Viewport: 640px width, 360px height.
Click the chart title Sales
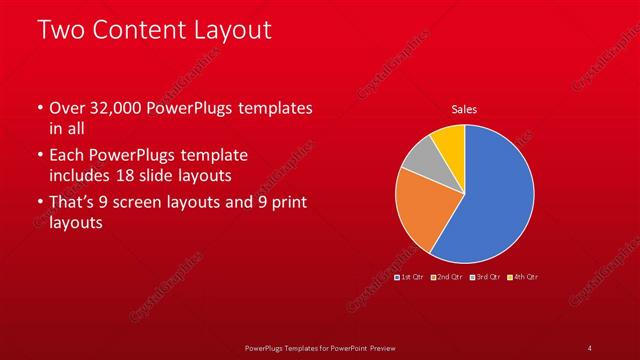pos(464,109)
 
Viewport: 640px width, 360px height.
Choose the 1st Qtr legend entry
pos(411,276)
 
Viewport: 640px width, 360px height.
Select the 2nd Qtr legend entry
pos(446,276)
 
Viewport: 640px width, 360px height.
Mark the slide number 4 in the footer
pos(590,347)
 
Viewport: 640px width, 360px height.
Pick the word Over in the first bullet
pos(67,108)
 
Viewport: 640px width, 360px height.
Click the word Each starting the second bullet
pos(67,156)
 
